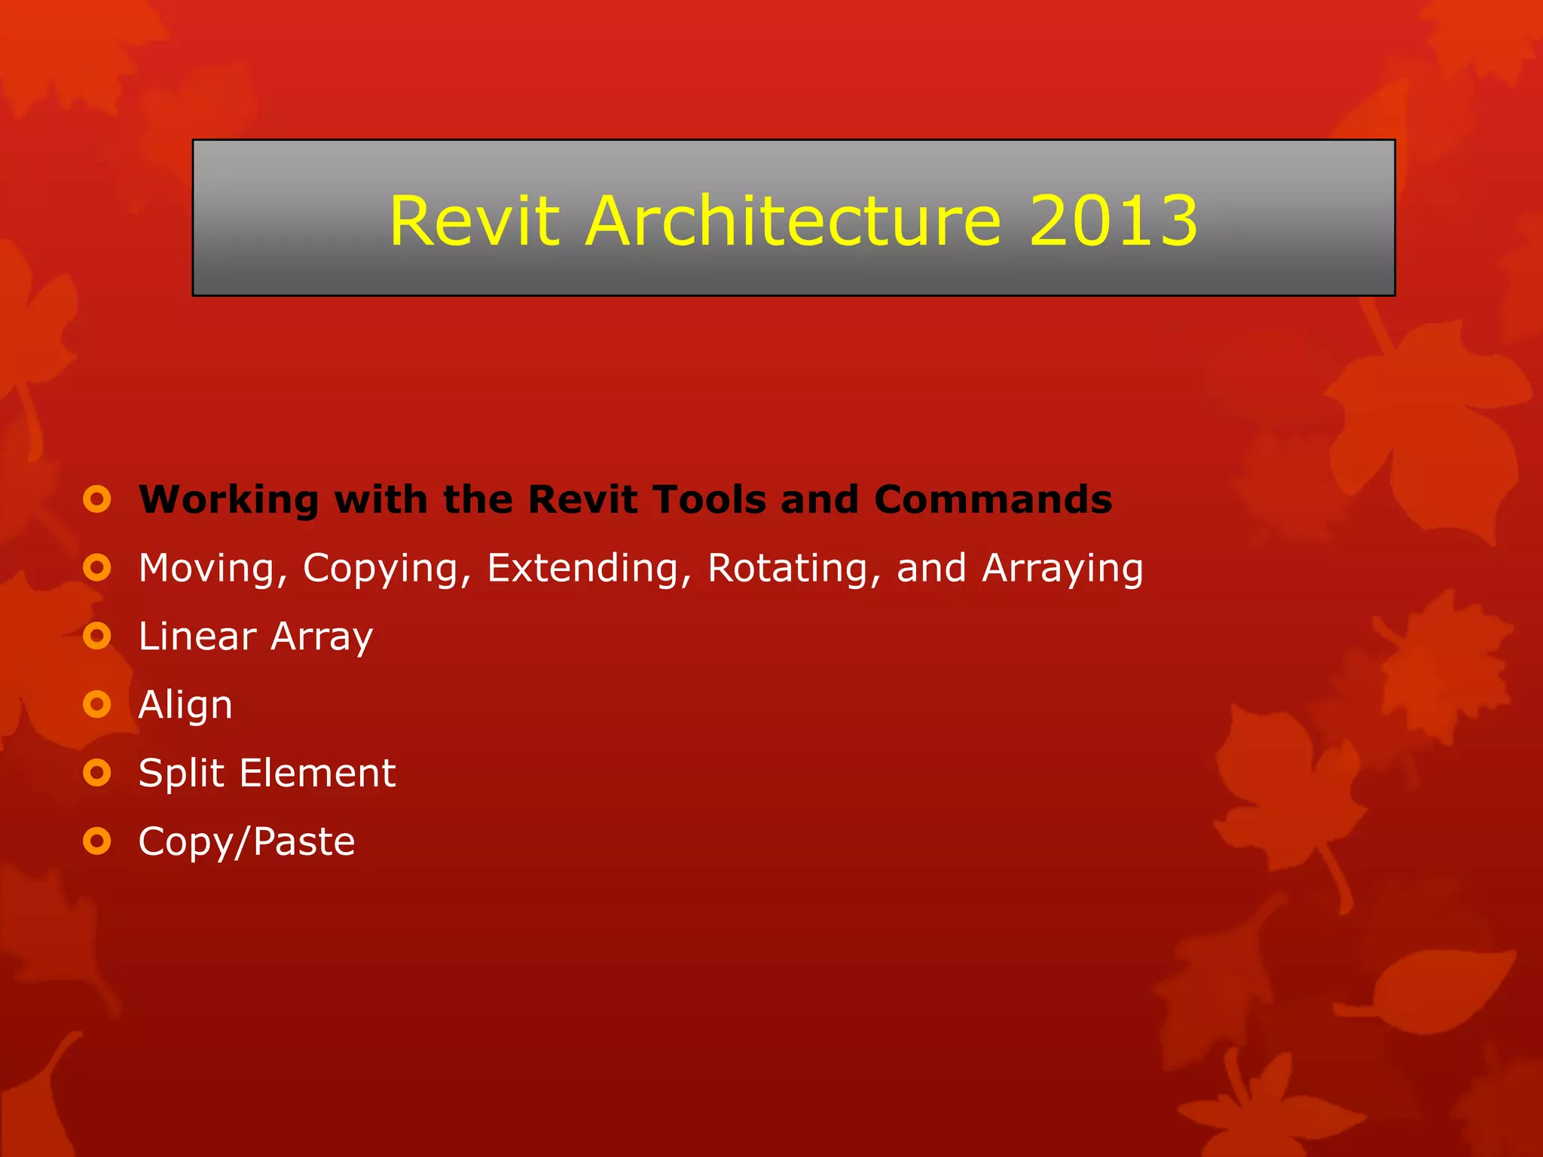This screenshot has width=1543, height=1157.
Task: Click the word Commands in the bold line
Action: pyautogui.click(x=992, y=499)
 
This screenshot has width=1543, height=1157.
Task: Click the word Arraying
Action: pyautogui.click(x=1062, y=569)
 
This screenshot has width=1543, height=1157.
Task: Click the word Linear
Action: pyautogui.click(x=197, y=637)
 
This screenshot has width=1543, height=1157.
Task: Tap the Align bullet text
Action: pyautogui.click(x=185, y=706)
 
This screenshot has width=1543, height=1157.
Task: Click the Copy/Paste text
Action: pyautogui.click(x=246, y=842)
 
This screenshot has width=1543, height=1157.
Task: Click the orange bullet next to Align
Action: pyautogui.click(x=97, y=704)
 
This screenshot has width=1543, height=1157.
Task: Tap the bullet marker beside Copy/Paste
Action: pyautogui.click(x=97, y=841)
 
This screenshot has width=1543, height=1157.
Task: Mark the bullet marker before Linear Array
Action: pyautogui.click(x=97, y=636)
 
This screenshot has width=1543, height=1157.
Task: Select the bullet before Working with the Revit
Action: pyautogui.click(x=97, y=499)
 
